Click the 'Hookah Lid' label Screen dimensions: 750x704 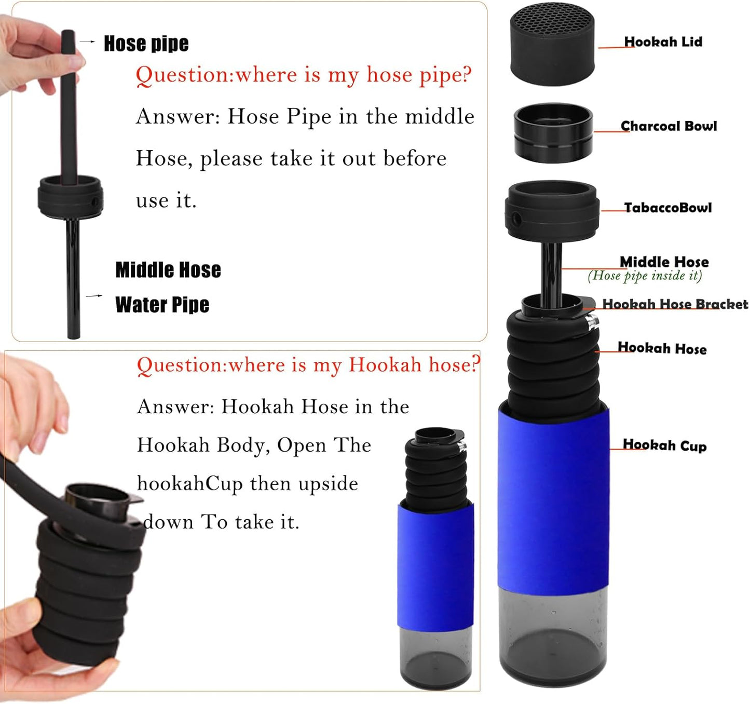point(663,42)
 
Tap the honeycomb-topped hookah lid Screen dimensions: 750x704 point(552,44)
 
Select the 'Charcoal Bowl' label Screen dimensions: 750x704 point(669,126)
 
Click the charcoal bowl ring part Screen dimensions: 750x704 point(553,132)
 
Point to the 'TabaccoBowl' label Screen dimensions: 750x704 point(667,208)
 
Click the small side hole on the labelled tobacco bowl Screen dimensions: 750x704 point(516,219)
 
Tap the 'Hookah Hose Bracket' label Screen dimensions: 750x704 point(675,304)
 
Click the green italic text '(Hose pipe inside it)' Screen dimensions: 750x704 point(645,276)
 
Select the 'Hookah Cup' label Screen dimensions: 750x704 point(664,445)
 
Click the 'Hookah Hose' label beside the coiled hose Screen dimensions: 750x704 point(662,348)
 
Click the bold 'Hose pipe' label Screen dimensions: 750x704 point(146,44)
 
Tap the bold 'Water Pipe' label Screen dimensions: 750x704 point(162,305)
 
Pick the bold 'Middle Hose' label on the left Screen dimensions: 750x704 point(168,270)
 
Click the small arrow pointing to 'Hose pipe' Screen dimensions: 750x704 point(87,42)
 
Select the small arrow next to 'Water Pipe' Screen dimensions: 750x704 point(94,296)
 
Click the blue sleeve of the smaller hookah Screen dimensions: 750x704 point(435,567)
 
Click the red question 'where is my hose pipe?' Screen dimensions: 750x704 point(304,75)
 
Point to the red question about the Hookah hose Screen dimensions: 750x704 point(308,365)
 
